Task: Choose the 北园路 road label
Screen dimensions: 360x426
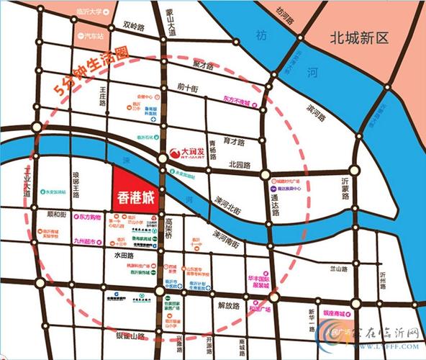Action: tap(239, 165)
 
